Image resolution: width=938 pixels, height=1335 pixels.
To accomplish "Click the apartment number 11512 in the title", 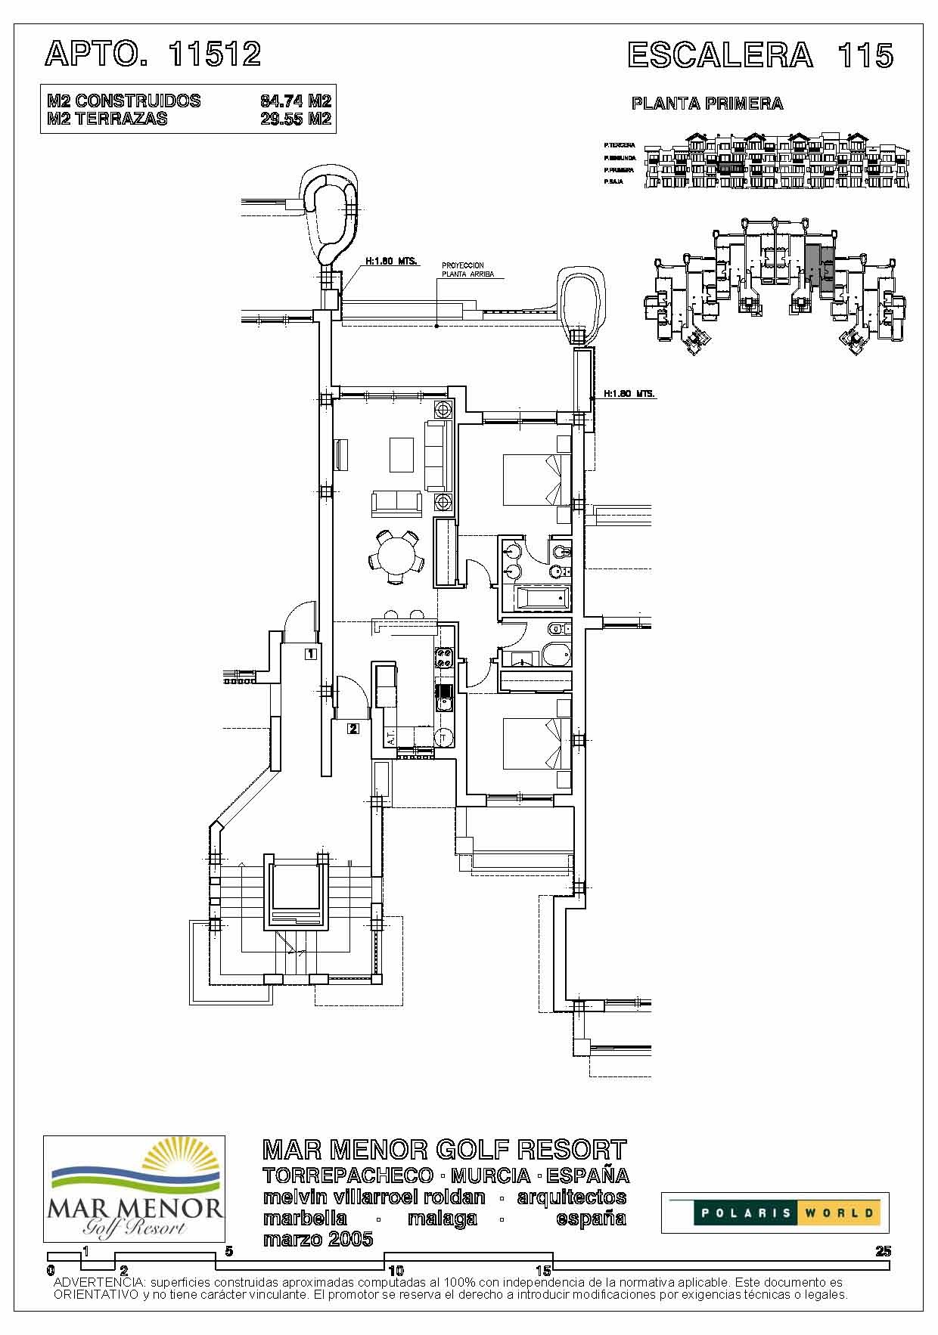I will tap(215, 54).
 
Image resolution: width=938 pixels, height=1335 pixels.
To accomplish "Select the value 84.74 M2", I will tap(296, 101).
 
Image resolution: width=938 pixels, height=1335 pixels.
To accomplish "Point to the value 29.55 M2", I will tap(296, 119).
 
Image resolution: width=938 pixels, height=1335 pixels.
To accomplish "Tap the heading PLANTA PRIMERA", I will tap(707, 104).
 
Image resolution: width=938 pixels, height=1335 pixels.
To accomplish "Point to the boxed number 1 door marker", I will tap(310, 654).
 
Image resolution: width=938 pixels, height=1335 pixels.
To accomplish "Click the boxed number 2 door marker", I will tap(353, 729).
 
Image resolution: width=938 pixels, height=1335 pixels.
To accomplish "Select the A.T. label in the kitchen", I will tap(391, 737).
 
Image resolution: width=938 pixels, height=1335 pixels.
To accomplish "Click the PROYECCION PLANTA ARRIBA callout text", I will tap(467, 270).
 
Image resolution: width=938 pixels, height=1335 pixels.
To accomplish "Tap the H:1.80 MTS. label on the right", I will tap(629, 394).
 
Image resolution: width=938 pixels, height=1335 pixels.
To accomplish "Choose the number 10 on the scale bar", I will tap(394, 1271).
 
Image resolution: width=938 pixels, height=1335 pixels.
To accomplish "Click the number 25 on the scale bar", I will tap(883, 1251).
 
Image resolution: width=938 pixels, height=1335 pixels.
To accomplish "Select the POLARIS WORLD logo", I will tap(775, 1213).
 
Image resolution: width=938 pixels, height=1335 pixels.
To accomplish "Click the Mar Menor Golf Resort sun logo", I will tap(134, 1188).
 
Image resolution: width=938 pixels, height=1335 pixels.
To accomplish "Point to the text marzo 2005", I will tap(318, 1239).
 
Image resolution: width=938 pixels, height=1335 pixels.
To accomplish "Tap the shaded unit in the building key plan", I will tap(818, 268).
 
